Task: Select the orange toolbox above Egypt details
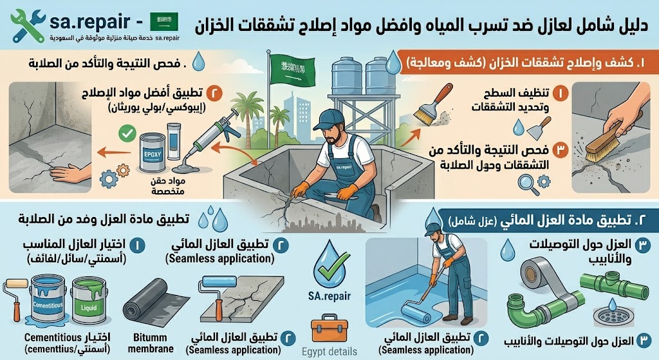[x=329, y=330]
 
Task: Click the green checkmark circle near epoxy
[x=127, y=135]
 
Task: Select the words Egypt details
[x=329, y=352]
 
